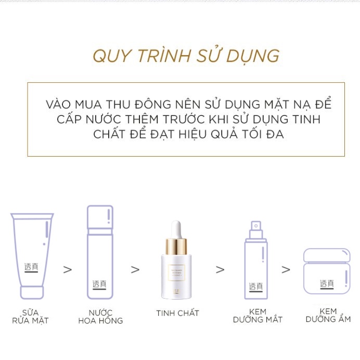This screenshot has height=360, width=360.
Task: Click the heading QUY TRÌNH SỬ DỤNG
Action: point(186,56)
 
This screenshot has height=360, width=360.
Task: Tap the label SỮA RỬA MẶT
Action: point(30,316)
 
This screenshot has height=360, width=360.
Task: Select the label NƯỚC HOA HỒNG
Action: point(100,316)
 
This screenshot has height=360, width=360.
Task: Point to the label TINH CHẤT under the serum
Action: point(177,313)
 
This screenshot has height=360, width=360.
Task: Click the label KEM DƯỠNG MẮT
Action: point(258,315)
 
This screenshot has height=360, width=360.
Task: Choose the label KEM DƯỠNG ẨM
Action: point(328,315)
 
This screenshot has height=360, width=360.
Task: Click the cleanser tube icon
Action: point(32,255)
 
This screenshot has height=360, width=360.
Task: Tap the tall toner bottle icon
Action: point(100,252)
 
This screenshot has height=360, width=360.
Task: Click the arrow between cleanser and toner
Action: point(67,269)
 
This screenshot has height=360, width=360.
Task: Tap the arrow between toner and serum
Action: point(135,269)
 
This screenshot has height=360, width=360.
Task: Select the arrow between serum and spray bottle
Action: point(220,269)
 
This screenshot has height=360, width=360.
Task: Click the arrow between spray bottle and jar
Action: point(286,269)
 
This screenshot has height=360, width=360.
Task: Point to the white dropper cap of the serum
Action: point(177,229)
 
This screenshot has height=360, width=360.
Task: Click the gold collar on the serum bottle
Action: point(177,245)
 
